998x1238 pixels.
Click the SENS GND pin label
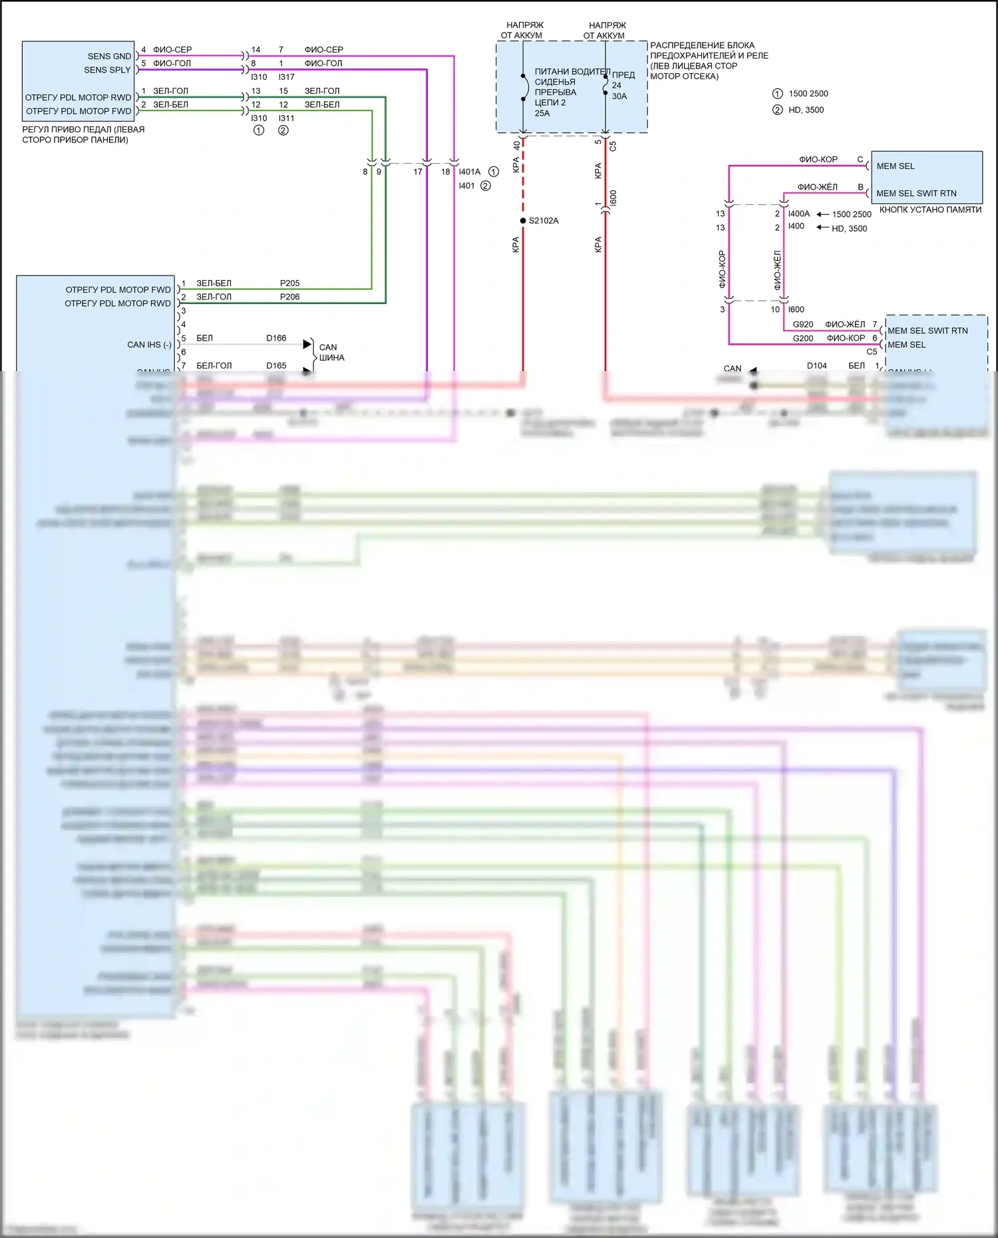pyautogui.click(x=109, y=56)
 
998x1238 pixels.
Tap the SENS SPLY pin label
pyautogui.click(x=107, y=70)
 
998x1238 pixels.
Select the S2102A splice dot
pyautogui.click(x=523, y=220)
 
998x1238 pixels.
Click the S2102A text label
pyautogui.click(x=544, y=221)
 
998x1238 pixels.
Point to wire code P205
pyautogui.click(x=289, y=283)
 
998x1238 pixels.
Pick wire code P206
pyautogui.click(x=289, y=297)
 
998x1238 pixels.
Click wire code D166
pyautogui.click(x=276, y=338)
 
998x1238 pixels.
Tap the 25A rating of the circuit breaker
pyautogui.click(x=542, y=113)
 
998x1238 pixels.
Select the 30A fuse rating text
pyautogui.click(x=619, y=96)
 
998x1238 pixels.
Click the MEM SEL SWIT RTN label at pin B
pyautogui.click(x=916, y=194)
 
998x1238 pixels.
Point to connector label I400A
pyautogui.click(x=798, y=214)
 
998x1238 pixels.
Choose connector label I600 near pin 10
pyautogui.click(x=796, y=309)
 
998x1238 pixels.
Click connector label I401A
pyautogui.click(x=469, y=172)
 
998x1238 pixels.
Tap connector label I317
pyautogui.click(x=287, y=77)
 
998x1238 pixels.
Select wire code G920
pyautogui.click(x=803, y=325)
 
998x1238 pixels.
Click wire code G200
pyautogui.click(x=803, y=339)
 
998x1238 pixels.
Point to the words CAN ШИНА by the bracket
pyautogui.click(x=331, y=353)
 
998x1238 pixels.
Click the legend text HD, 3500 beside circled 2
pyautogui.click(x=806, y=110)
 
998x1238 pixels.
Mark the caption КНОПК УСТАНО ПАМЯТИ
pyautogui.click(x=930, y=210)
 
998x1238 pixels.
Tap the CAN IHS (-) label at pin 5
pyautogui.click(x=149, y=345)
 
